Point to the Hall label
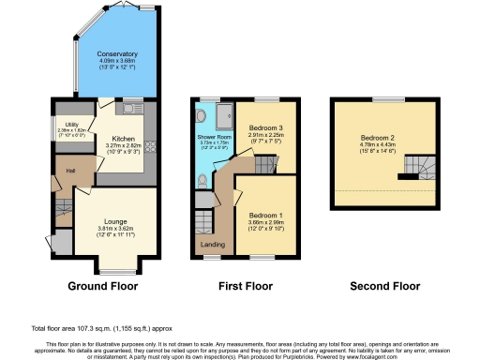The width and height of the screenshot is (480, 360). [70, 171]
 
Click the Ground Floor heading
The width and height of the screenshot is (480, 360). [103, 286]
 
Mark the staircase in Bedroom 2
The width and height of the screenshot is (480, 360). [415, 169]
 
